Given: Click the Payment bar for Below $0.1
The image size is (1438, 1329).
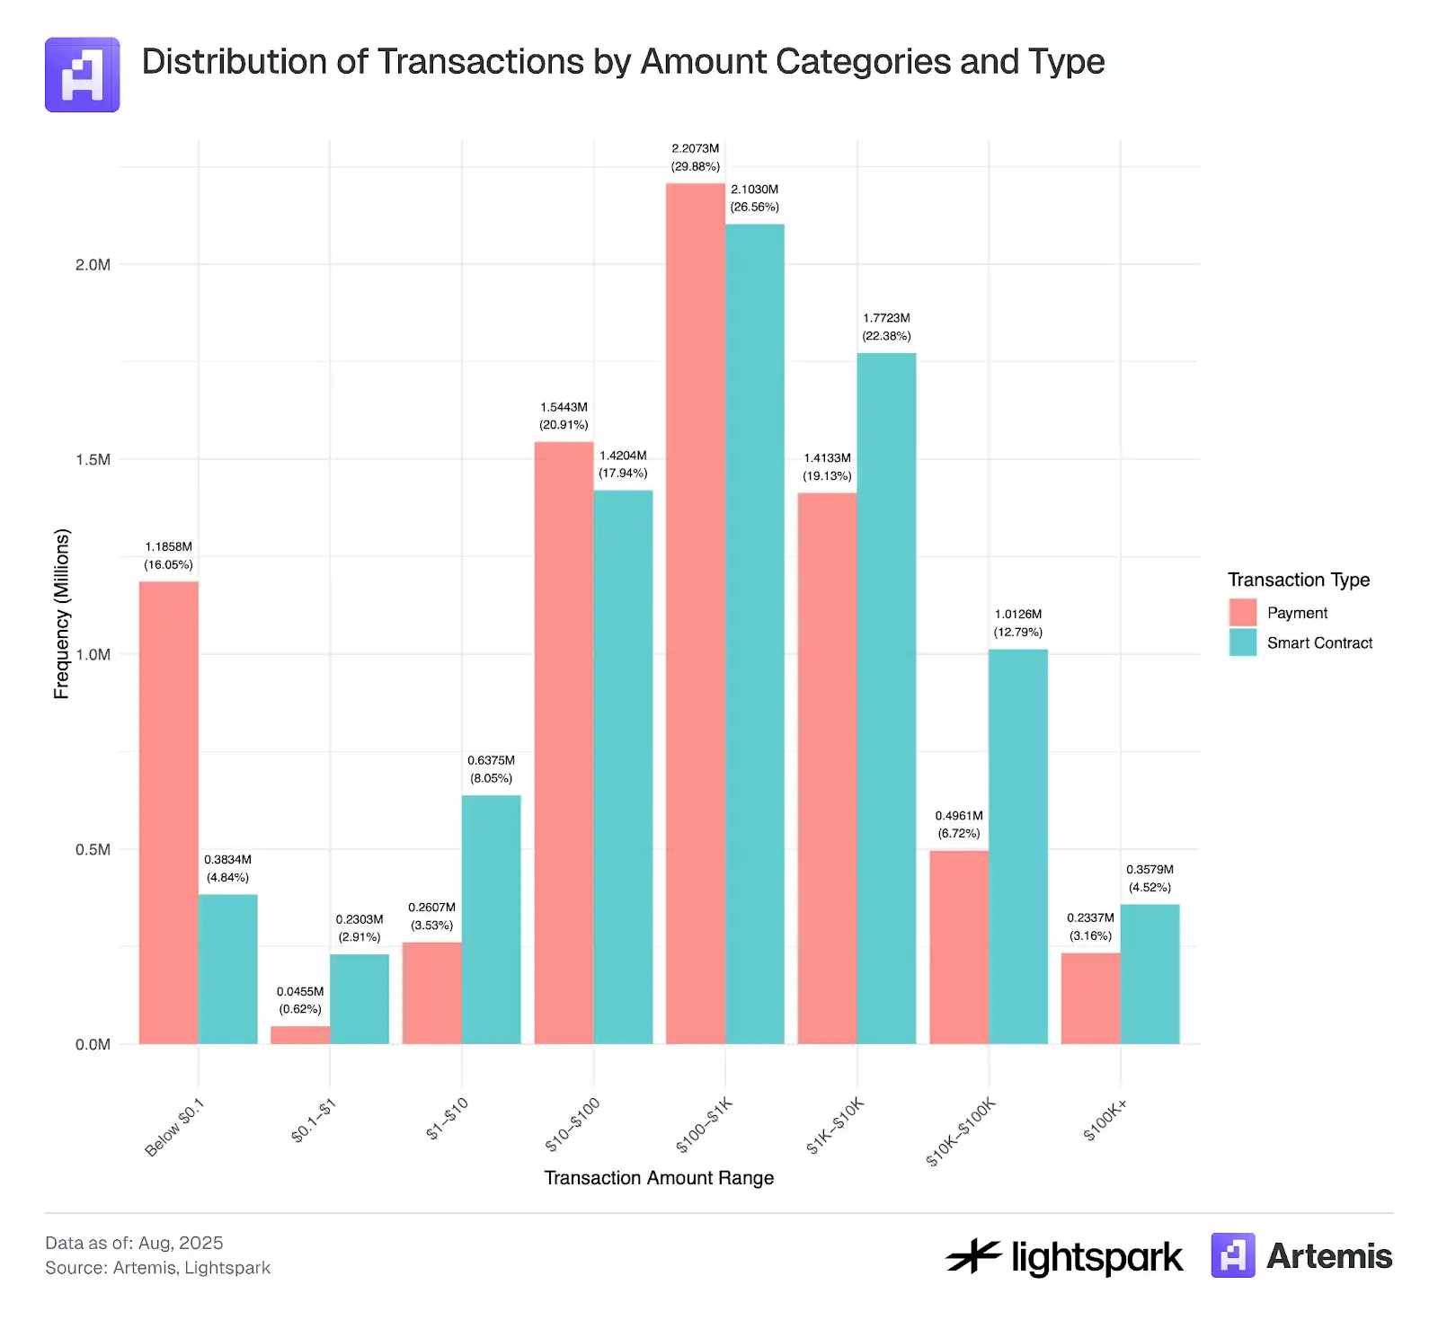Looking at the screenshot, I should pos(168,812).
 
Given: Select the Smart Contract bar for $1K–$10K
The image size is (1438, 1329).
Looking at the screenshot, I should pos(886,698).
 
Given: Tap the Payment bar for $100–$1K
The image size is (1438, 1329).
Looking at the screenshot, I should pos(695,613).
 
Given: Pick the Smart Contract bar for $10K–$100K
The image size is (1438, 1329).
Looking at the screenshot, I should pos(1017,846).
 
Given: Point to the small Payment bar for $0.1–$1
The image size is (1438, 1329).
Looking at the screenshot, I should pos(300,1034).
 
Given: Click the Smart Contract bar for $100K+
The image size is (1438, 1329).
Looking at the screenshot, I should pos(1150,973).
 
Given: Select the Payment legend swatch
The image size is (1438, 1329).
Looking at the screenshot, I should pos(1242,612).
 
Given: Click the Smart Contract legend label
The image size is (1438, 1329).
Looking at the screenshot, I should pos(1319,642).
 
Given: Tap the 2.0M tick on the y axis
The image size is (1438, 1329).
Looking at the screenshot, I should pos(93,264).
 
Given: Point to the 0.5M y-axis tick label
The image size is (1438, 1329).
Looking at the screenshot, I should pos(93,849).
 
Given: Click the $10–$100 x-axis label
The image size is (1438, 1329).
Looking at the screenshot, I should pos(573,1124).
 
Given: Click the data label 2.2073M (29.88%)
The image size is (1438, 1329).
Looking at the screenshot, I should pos(695,157).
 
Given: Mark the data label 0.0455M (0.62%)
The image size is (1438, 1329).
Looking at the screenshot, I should pos(300,1000).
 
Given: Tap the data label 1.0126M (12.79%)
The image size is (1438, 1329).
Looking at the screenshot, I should pos(1017,623).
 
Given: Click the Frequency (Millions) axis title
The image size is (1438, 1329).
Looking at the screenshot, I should pos(61,613).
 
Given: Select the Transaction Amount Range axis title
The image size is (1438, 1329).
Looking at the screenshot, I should pos(659,1177).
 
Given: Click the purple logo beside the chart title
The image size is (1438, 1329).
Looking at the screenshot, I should pos(83,75).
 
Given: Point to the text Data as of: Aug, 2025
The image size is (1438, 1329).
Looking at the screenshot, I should pos(134,1243).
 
